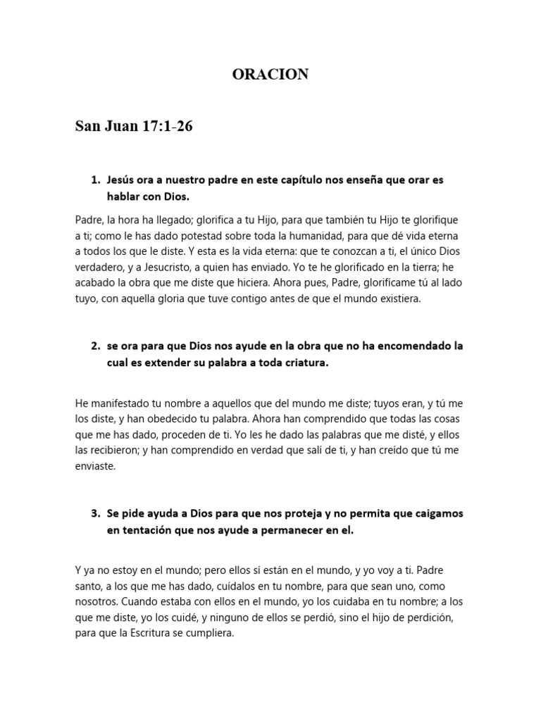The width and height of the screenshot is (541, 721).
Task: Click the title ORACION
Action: (x=270, y=75)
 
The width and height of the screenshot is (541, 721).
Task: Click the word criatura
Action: (x=302, y=363)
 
